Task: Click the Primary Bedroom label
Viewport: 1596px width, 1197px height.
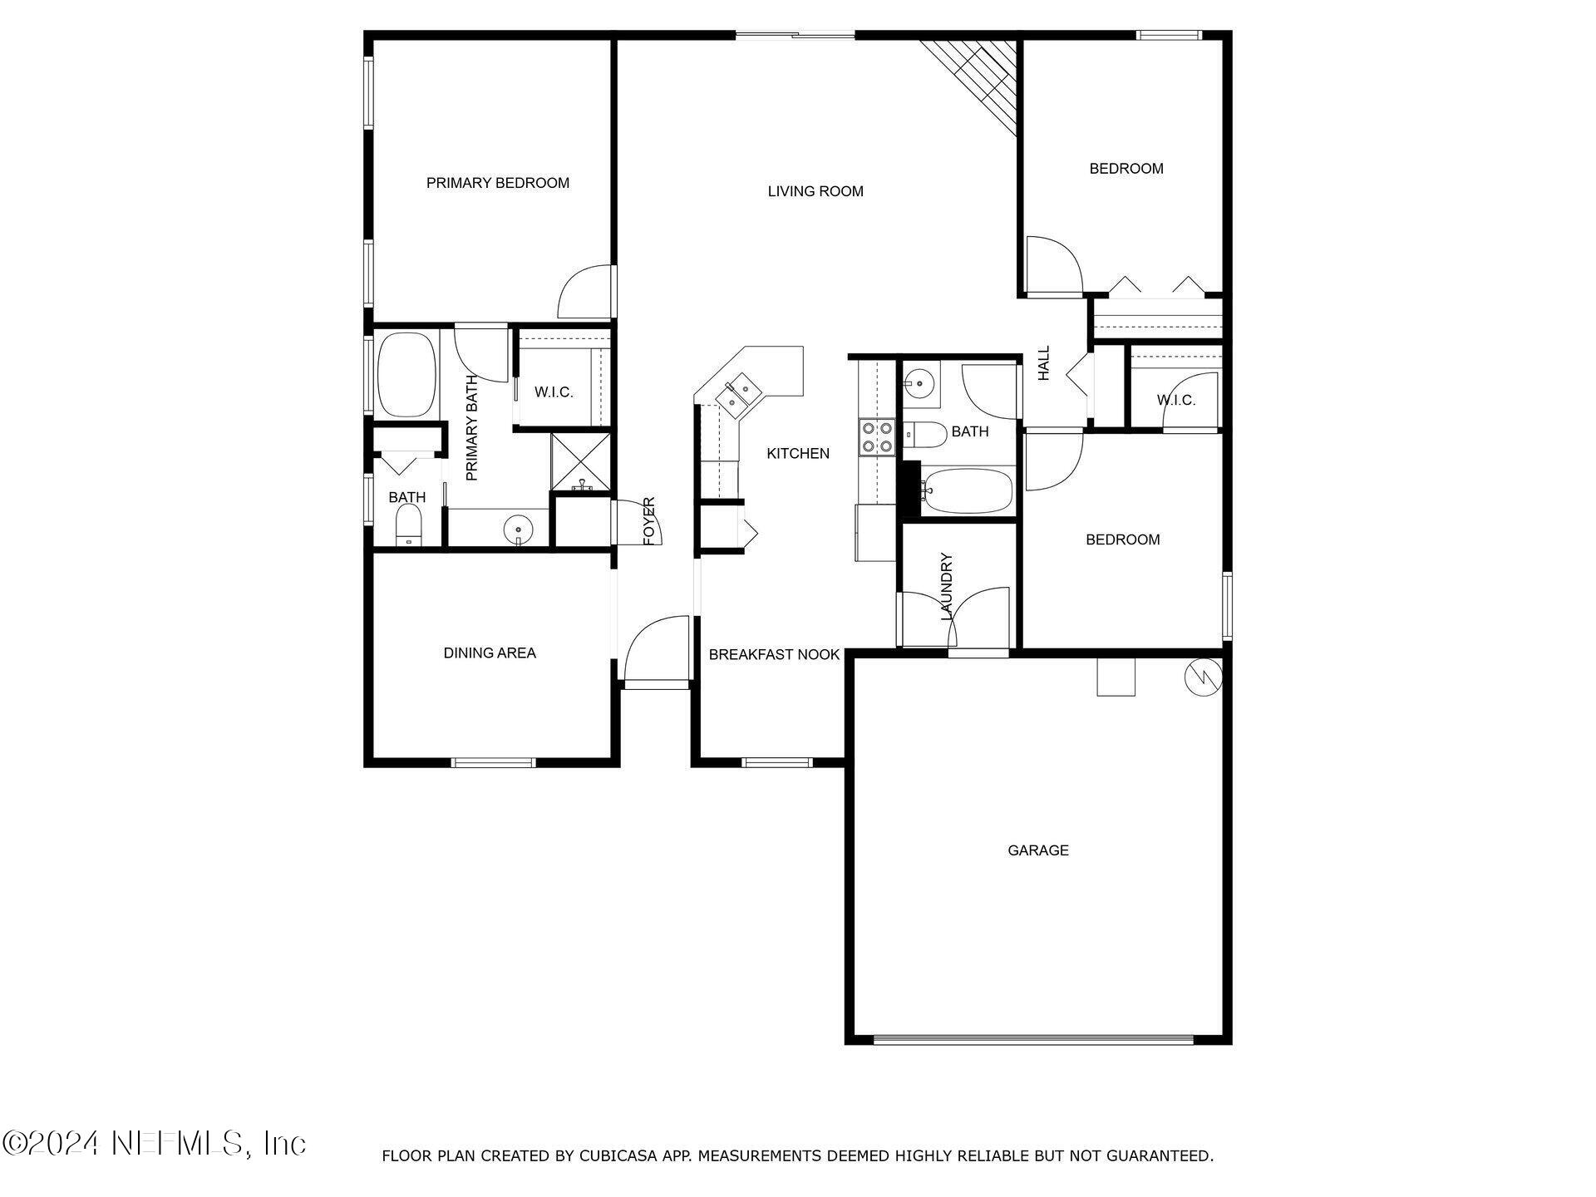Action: [497, 183]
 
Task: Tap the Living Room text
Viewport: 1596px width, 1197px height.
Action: [815, 191]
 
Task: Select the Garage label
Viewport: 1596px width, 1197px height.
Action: [1037, 850]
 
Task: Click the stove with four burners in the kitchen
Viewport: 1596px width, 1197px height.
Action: [876, 437]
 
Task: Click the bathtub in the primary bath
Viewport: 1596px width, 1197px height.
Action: [407, 376]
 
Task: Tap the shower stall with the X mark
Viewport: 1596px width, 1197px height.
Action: [581, 462]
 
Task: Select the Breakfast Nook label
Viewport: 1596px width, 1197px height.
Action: [774, 655]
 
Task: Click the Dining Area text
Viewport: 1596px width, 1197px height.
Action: [489, 653]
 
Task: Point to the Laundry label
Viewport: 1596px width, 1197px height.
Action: [946, 587]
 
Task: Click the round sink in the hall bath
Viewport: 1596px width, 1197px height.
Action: [919, 383]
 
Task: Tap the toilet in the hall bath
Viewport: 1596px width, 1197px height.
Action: [925, 434]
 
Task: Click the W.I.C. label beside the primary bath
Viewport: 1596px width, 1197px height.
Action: [554, 392]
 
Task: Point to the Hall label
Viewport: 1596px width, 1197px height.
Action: [1044, 363]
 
